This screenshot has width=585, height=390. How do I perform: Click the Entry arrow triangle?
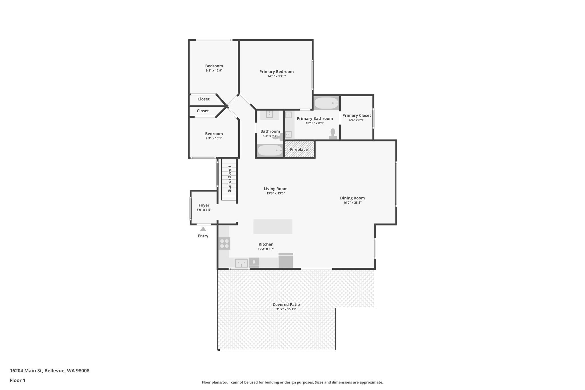point(203,229)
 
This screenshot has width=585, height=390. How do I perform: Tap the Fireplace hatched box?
point(299,149)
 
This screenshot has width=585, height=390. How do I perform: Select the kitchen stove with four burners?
point(224,243)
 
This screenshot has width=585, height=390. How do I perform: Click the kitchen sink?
point(241,263)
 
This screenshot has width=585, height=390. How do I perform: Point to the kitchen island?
point(273,227)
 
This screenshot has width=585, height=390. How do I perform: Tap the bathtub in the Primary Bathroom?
point(326,103)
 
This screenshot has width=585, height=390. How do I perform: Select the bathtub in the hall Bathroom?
point(270,150)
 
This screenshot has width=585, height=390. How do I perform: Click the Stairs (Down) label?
point(229,179)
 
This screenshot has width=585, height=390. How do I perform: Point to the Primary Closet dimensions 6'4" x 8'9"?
point(356,120)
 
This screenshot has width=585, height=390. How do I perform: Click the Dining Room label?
point(352,198)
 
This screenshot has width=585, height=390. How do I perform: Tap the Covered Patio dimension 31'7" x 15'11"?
point(286,309)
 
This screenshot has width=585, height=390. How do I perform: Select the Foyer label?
point(204,205)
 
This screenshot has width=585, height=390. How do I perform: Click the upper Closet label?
point(203,99)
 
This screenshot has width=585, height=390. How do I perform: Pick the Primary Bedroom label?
point(276,72)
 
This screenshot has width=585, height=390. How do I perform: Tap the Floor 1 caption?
point(17,380)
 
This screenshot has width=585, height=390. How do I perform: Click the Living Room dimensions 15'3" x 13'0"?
point(276,193)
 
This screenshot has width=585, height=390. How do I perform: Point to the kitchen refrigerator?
point(286,260)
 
